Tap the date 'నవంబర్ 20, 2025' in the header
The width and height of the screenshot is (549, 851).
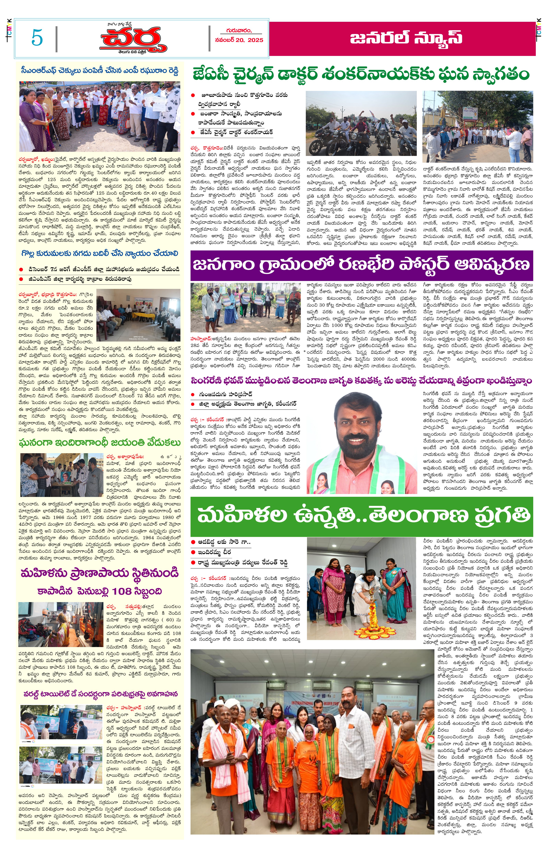(239, 40)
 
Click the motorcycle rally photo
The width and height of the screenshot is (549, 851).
(361, 123)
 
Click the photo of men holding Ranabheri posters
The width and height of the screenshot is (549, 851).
(245, 308)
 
